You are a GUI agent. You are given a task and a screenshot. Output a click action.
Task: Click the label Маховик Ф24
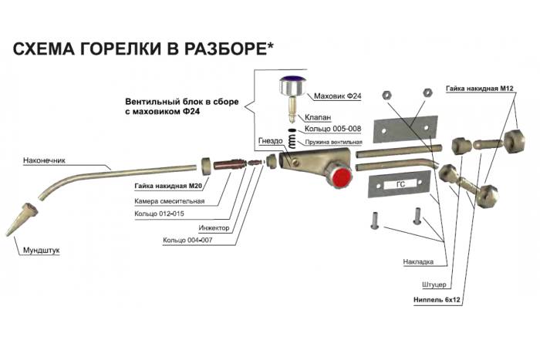point(339,96)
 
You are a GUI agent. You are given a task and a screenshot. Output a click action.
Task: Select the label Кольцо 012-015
point(160,213)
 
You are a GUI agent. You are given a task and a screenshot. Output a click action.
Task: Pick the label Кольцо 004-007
point(190,241)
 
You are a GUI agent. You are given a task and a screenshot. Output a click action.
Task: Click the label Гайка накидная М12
point(479,89)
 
